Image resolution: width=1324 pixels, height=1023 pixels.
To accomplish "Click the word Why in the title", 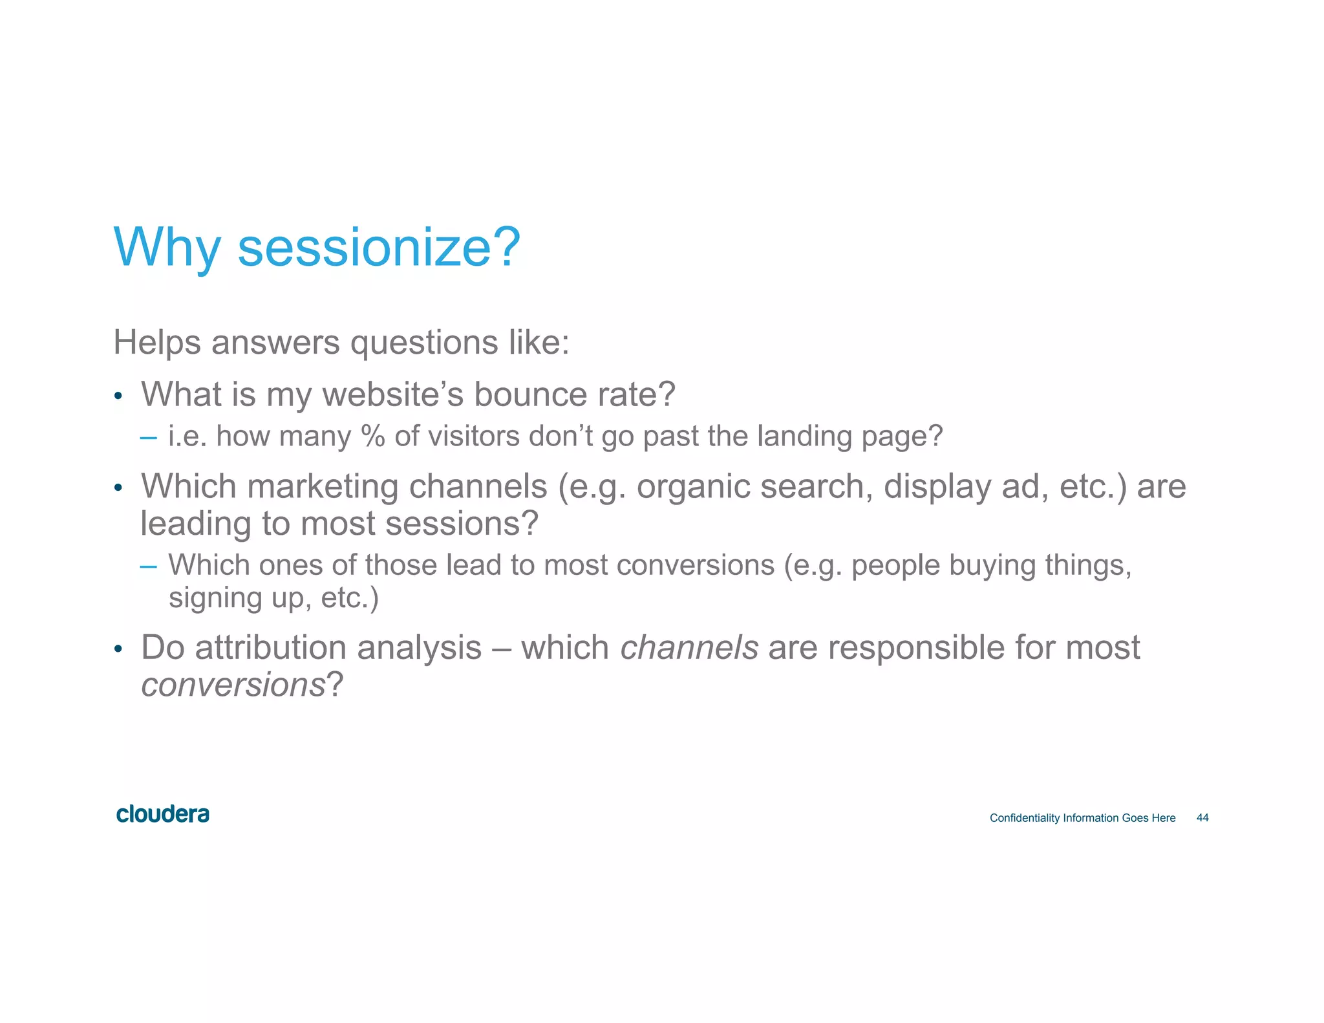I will coord(167,249).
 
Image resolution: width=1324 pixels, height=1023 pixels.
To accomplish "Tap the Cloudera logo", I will coord(162,814).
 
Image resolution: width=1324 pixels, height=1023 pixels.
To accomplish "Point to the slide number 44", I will coord(1202,818).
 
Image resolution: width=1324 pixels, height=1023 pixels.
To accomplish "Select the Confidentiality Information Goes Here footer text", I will coord(1082,818).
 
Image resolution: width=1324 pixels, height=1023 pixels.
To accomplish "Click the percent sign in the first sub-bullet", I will coord(373,436).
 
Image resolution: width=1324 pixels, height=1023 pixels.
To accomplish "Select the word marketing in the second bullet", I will coord(322,486).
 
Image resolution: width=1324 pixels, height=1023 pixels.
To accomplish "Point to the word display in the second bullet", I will coord(937,488).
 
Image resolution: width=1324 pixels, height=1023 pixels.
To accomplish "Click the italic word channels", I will coord(689,647).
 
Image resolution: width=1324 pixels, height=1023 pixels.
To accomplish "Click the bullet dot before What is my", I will coord(118,396).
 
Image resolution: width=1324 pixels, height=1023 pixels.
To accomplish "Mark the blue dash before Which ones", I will coord(148,566).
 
